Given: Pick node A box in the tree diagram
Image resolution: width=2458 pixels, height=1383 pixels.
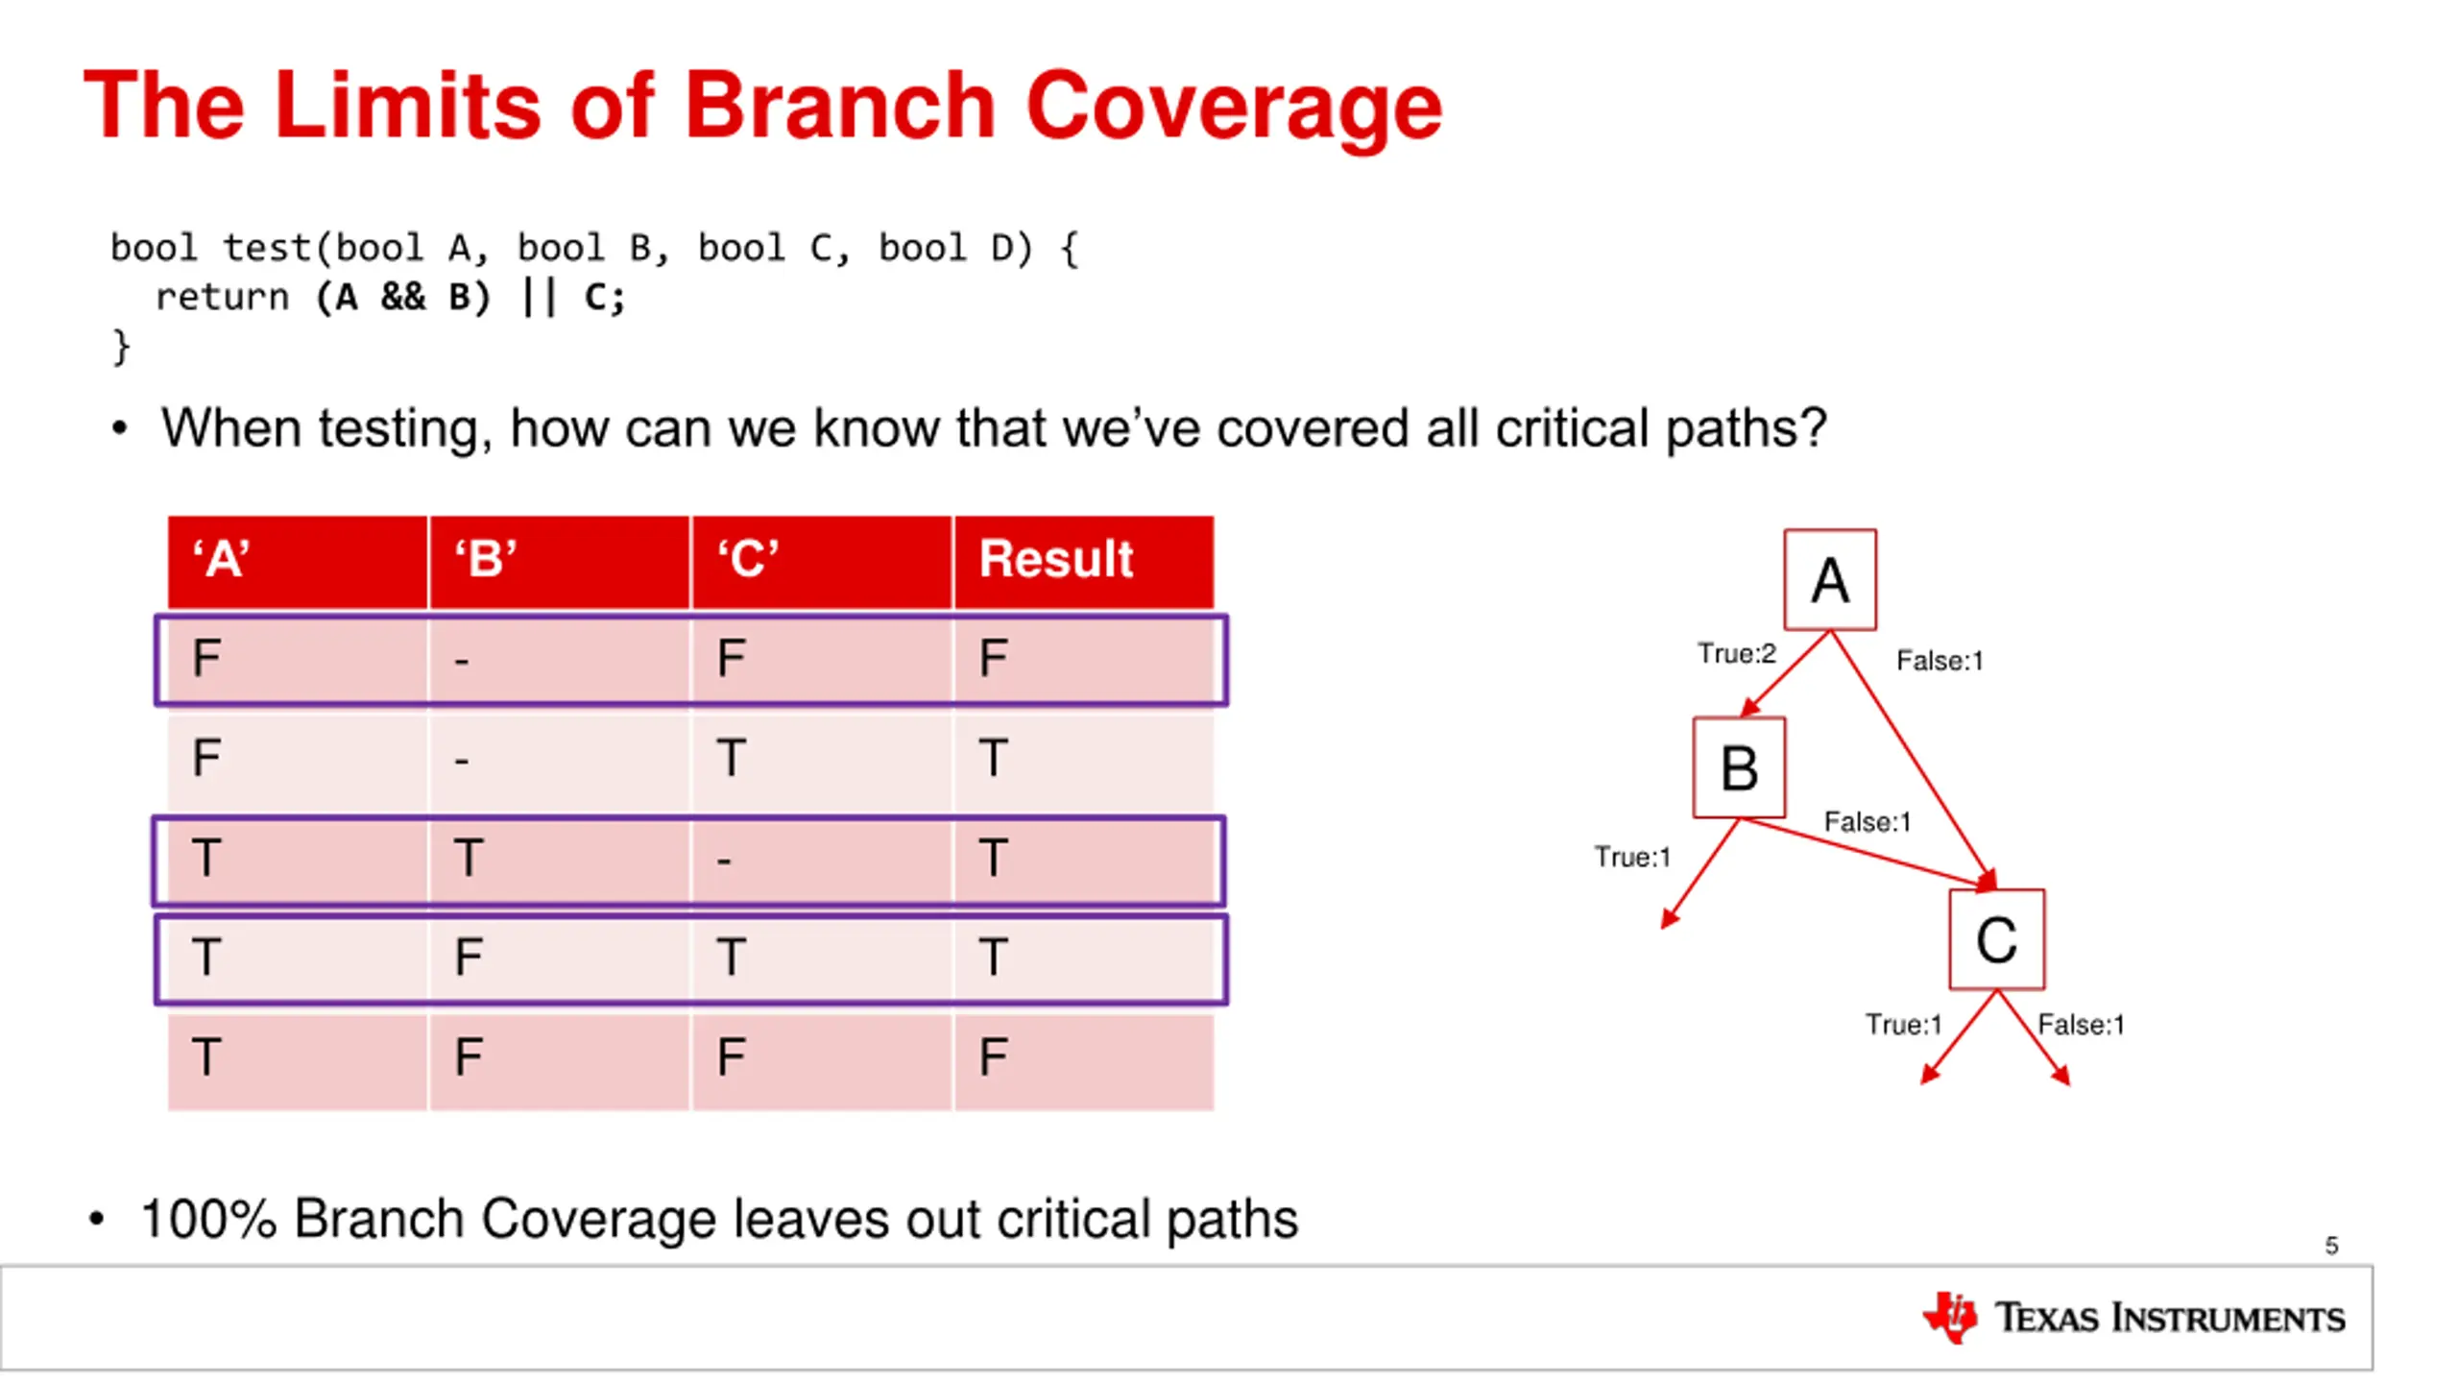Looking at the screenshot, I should [1830, 580].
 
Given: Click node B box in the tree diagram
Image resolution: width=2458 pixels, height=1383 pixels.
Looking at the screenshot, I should [1739, 768].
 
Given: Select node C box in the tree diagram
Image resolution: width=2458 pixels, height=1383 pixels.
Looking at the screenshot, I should [1996, 939].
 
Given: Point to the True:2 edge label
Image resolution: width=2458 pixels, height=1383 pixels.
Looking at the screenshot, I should [1736, 654].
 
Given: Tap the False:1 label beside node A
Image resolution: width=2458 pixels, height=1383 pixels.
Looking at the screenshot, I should [1939, 661].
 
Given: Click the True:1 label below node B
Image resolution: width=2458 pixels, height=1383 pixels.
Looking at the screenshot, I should [1632, 857].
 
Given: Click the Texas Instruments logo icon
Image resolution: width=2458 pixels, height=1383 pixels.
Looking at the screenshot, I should [1950, 1317].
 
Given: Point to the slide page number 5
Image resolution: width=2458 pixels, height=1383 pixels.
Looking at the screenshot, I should [2331, 1246].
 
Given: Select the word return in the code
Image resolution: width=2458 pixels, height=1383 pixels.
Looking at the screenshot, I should [222, 298].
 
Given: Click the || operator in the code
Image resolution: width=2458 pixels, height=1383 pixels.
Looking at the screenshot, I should [539, 298].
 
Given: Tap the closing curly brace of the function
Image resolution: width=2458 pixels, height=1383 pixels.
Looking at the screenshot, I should [121, 346].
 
